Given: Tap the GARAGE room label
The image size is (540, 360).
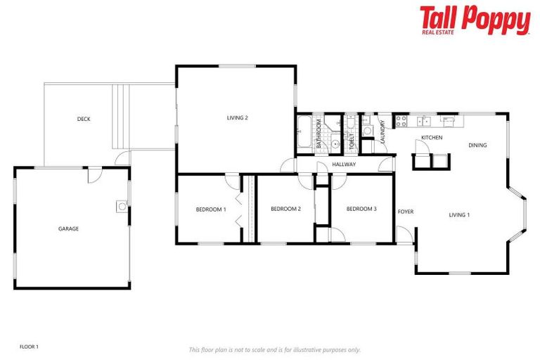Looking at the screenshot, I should tap(68, 229).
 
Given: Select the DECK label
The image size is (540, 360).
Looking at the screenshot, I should tap(84, 119).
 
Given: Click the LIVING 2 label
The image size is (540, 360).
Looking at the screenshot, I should tap(237, 117).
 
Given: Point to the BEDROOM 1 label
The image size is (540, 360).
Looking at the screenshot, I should tap(211, 209).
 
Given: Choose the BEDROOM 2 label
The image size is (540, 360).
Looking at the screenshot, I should tap(285, 209).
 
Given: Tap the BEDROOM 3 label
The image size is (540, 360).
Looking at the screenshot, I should tap(361, 209).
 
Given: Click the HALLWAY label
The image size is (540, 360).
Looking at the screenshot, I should tap(344, 165).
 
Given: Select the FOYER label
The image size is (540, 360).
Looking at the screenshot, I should tap(406, 212).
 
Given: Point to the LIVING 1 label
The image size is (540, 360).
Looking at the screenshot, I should tap(459, 214).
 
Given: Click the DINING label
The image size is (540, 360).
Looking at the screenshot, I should tap(477, 146).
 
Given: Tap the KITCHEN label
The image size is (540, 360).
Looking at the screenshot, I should tap(432, 137).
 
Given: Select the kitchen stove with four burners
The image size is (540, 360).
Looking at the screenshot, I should tap(401, 122).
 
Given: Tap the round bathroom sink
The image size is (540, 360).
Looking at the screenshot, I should tap(336, 144).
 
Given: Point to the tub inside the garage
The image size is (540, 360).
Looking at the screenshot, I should tap(122, 207).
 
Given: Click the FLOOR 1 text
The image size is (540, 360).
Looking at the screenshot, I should tap(29, 347).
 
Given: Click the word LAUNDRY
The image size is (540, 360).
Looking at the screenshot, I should tap(382, 132).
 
